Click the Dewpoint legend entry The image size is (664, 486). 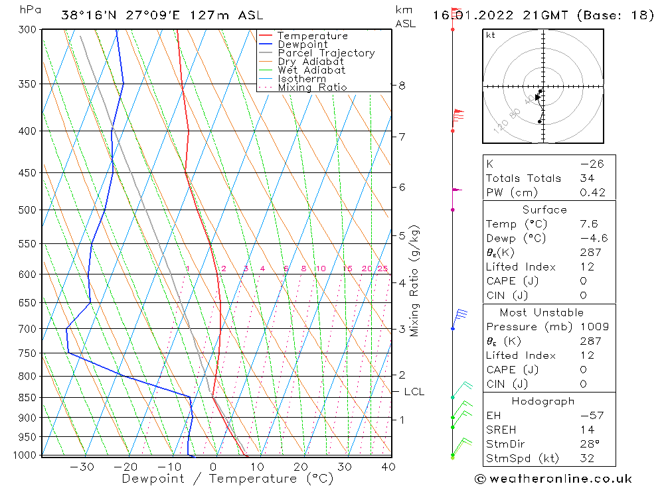(x=302, y=44)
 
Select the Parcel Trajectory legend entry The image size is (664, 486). (x=326, y=53)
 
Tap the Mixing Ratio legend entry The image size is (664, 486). (x=312, y=88)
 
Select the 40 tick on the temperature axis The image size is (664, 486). (x=388, y=467)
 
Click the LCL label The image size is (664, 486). (x=414, y=392)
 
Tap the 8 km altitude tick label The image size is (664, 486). (x=402, y=86)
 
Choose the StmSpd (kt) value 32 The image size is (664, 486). (x=586, y=458)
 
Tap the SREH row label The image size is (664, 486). (x=502, y=430)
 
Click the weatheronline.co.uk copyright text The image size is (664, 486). (x=553, y=479)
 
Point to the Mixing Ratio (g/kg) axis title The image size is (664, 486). (x=414, y=281)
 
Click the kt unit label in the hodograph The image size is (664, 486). (x=491, y=35)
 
